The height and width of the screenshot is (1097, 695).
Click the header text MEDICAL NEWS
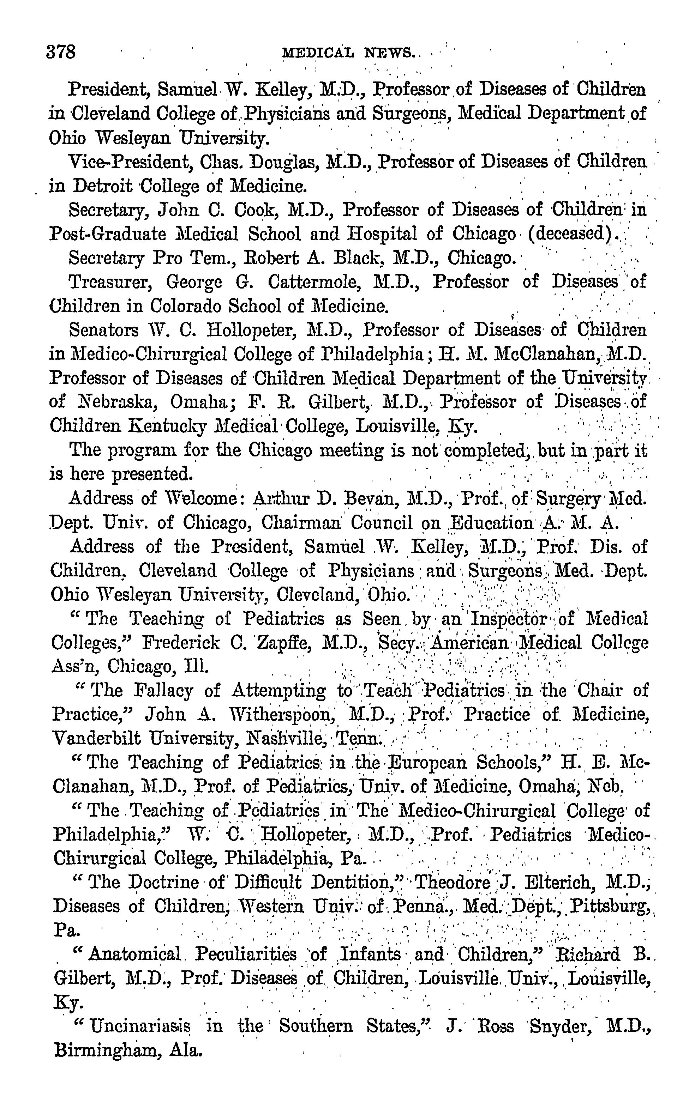pyautogui.click(x=349, y=53)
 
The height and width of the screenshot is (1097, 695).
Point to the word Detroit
pyautogui.click(x=103, y=186)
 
